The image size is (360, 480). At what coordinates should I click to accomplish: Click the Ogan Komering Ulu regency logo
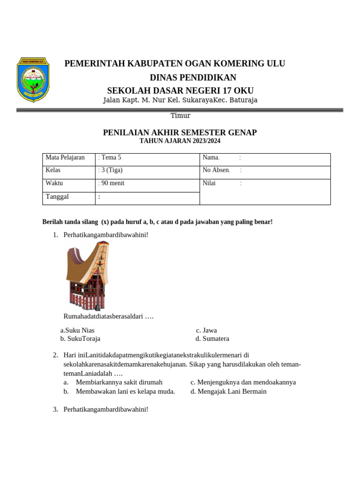(33, 80)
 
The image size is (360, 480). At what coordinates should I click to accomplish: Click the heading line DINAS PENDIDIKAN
(193, 77)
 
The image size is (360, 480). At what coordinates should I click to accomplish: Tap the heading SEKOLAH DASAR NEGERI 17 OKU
(180, 90)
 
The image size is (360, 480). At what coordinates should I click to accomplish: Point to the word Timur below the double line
(180, 115)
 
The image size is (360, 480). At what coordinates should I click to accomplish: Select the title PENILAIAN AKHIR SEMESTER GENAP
(180, 133)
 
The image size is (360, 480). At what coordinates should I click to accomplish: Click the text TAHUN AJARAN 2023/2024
(180, 141)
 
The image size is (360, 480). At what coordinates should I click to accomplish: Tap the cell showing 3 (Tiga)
(111, 170)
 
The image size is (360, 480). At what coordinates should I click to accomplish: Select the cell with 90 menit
(112, 183)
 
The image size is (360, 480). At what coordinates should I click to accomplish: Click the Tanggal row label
(57, 196)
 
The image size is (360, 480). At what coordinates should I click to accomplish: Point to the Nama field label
(211, 157)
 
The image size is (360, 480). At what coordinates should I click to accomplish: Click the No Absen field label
(216, 170)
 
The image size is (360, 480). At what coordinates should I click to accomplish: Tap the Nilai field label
(209, 183)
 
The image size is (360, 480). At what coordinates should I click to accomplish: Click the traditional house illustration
(87, 276)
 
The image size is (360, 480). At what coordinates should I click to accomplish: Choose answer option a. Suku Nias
(77, 330)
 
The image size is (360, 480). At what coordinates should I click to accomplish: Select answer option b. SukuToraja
(80, 338)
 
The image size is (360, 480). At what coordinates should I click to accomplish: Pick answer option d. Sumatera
(212, 338)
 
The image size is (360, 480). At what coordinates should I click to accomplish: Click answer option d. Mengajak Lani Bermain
(228, 391)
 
